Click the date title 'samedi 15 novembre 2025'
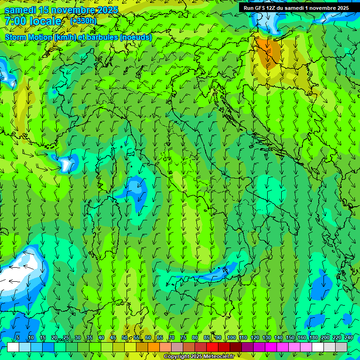[61, 10]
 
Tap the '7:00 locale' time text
[33, 21]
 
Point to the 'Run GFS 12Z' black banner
[296, 8]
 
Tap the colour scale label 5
[17, 338]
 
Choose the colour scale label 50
[125, 338]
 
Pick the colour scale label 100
[232, 338]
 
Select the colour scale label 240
[348, 338]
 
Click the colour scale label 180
[313, 338]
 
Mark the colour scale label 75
[183, 338]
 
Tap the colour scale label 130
[267, 338]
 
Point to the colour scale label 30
[77, 338]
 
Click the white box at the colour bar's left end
[13, 347]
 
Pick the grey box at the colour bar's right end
[341, 347]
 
